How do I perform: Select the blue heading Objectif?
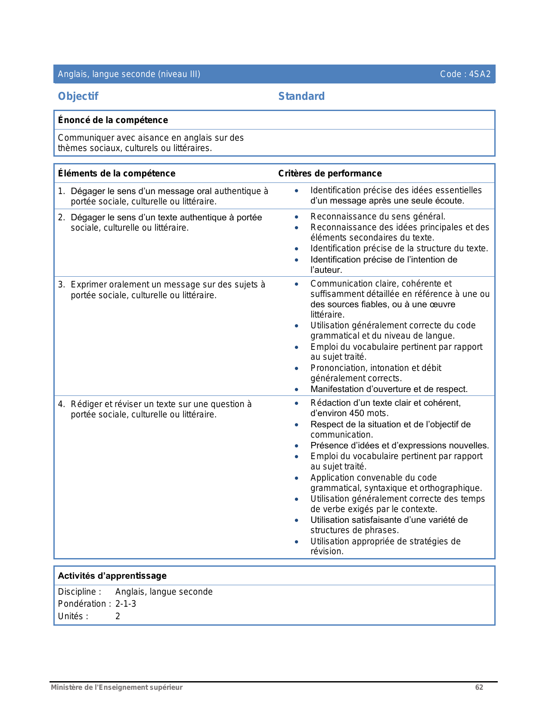[78, 96]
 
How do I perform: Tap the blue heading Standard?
[301, 96]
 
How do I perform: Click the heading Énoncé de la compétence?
[113, 120]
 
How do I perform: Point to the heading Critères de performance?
[330, 173]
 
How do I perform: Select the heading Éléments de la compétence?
[116, 173]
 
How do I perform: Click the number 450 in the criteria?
[357, 414]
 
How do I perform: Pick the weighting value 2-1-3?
[126, 604]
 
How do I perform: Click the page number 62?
[479, 687]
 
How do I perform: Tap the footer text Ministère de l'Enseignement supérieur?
[117, 687]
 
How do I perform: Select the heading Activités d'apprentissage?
[112, 576]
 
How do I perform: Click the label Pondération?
[84, 604]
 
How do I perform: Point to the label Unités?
[73, 616]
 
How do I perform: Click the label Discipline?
[79, 592]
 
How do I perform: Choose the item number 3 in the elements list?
[61, 285]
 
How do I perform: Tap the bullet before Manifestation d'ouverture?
[297, 390]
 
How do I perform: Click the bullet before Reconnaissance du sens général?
[297, 217]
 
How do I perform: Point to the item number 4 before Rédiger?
[61, 404]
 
